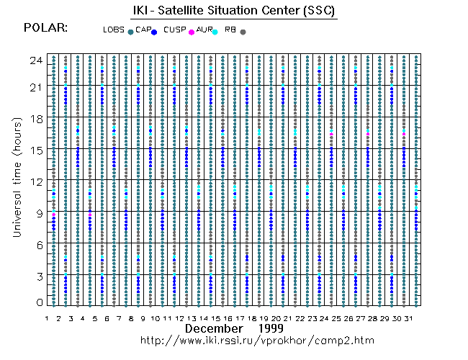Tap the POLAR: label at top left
[x=46, y=27]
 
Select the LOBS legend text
[x=114, y=30]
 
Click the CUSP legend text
[x=175, y=30]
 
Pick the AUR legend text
[x=204, y=30]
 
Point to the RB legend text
[x=230, y=30]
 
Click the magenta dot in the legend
[x=191, y=32]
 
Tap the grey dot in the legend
[x=243, y=32]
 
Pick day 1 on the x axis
[x=47, y=318]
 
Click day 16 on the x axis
[x=227, y=318]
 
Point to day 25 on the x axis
[x=335, y=318]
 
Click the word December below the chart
[x=214, y=328]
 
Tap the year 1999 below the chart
[x=278, y=328]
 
